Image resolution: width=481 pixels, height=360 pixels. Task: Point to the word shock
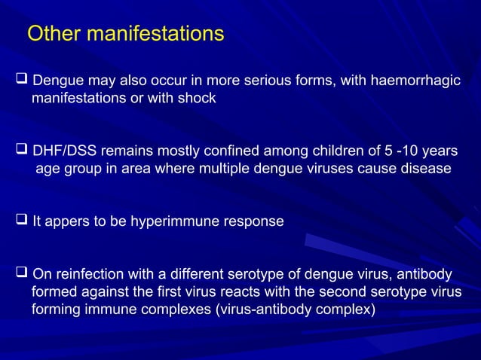[x=198, y=98]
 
